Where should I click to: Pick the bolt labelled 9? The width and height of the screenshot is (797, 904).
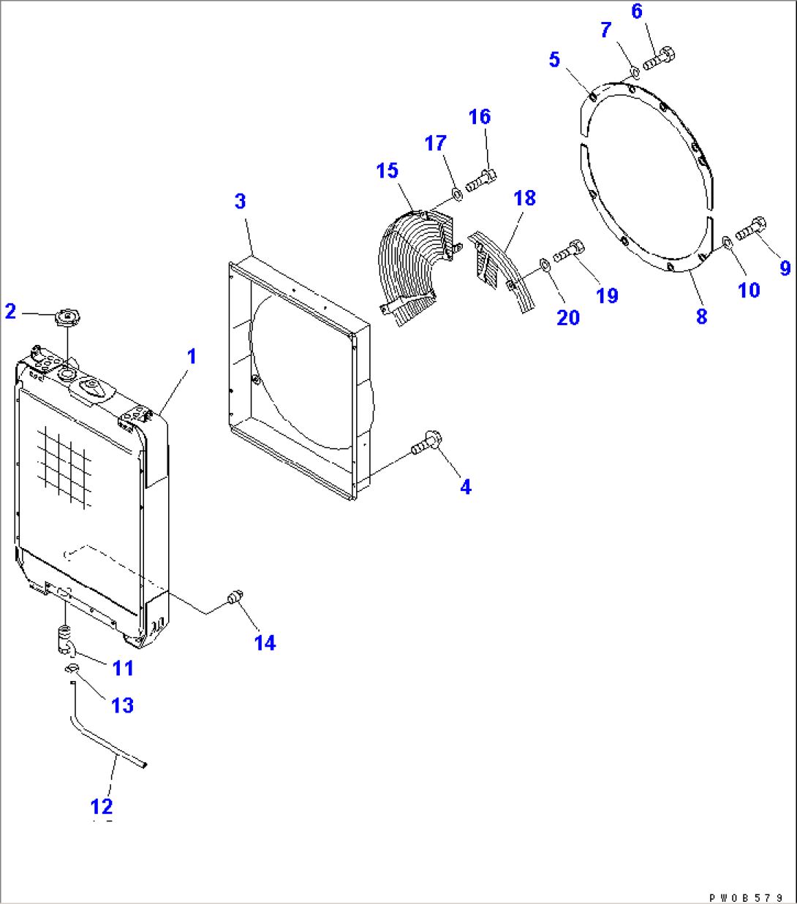(x=750, y=229)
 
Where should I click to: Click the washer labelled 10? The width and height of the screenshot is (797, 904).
(x=726, y=242)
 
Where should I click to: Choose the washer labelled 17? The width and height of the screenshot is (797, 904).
(x=455, y=194)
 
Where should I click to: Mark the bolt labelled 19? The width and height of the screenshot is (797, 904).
(x=570, y=251)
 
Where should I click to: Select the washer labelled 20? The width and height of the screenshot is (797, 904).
(x=545, y=262)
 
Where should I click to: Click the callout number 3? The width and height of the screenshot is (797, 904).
(x=241, y=201)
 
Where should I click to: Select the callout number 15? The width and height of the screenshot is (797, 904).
(x=387, y=170)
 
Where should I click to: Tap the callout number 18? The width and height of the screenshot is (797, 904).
(x=524, y=197)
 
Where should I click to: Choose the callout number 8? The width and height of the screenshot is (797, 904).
(x=701, y=316)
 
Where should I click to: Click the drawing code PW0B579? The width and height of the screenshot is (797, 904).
(x=747, y=897)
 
